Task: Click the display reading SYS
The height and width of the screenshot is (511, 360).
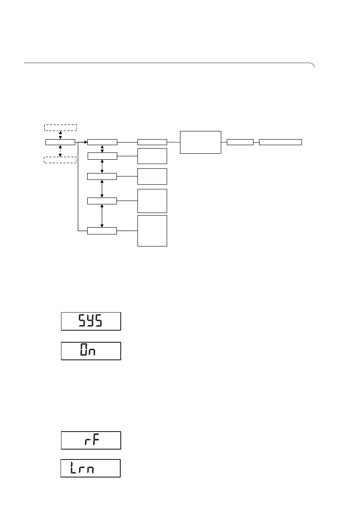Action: (x=91, y=321)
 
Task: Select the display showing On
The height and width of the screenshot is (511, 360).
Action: (x=91, y=351)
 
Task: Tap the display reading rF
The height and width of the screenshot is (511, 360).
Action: (x=91, y=441)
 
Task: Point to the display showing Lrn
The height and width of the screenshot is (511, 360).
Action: (x=90, y=468)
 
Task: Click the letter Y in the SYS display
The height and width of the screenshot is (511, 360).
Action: (x=90, y=321)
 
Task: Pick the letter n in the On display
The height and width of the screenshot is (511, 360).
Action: (x=91, y=352)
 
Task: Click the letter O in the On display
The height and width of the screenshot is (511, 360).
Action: (x=82, y=351)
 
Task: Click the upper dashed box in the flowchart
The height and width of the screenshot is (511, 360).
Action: (x=61, y=127)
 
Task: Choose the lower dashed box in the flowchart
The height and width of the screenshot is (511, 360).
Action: (x=61, y=160)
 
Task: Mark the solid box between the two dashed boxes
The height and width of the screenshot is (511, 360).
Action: (x=60, y=142)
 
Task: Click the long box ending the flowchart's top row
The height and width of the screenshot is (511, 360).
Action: (x=281, y=142)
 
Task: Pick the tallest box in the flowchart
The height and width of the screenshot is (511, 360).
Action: (x=152, y=231)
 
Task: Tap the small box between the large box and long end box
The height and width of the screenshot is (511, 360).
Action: (x=240, y=142)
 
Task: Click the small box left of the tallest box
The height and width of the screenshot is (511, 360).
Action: (x=102, y=231)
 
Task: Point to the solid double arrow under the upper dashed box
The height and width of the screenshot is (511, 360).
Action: (x=61, y=134)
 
